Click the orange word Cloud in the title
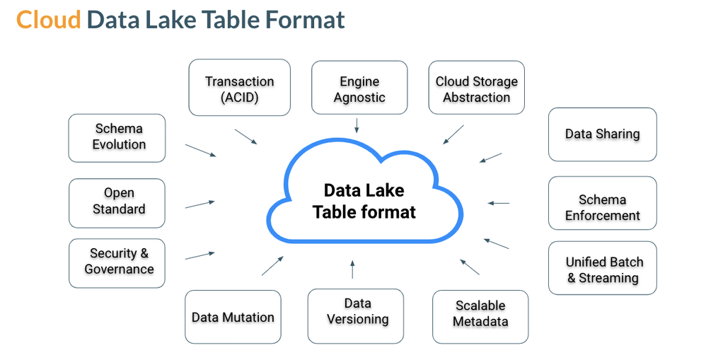[x=48, y=20]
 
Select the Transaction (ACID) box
[x=239, y=88]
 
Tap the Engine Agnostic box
[x=359, y=88]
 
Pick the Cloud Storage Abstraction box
[x=476, y=88]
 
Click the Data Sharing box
[x=602, y=134]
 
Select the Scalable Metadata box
[x=480, y=313]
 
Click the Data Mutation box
[x=233, y=317]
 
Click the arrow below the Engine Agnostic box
[x=357, y=125]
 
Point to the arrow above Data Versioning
[x=352, y=269]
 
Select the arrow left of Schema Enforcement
[x=498, y=203]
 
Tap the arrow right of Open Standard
[x=199, y=204]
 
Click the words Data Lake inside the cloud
[x=364, y=190]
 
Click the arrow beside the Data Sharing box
[x=490, y=158]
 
